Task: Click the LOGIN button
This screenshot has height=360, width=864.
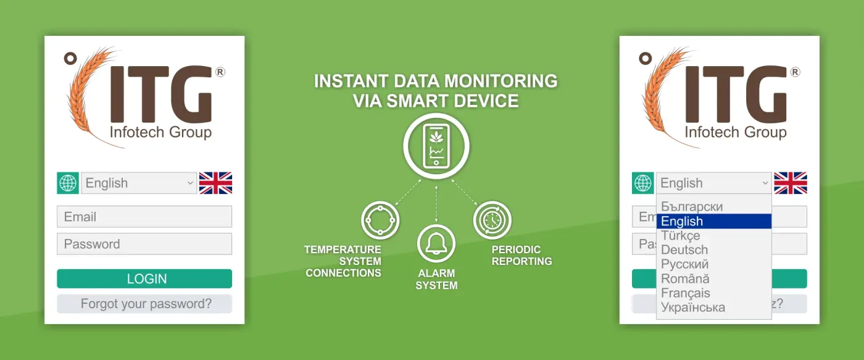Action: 144,278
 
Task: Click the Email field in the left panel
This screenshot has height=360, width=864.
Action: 144,217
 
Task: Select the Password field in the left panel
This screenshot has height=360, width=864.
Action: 144,244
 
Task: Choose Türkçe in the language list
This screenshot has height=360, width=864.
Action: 680,235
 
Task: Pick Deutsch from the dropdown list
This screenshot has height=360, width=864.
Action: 684,249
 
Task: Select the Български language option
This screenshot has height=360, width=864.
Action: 692,206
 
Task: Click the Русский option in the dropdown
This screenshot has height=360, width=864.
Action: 684,264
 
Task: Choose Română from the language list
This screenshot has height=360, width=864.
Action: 685,278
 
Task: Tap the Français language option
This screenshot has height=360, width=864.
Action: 686,293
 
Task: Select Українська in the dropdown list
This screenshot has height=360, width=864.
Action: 693,308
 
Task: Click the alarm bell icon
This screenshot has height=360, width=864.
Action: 436,244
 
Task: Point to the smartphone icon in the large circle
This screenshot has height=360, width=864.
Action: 436,146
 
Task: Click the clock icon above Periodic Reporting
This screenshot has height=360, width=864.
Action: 492,220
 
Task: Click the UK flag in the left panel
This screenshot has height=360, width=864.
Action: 215,183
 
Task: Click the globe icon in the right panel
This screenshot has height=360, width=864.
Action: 643,183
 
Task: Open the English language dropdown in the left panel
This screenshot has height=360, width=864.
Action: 139,183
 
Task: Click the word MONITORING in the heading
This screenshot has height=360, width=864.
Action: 501,81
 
